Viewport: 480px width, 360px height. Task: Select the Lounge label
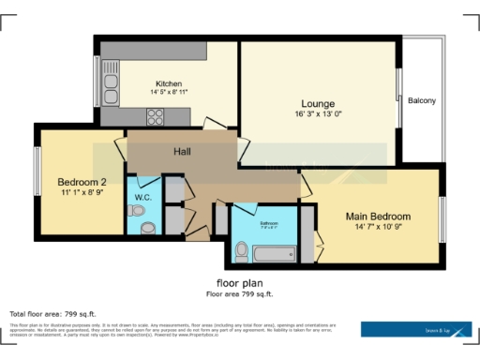pyautogui.click(x=318, y=103)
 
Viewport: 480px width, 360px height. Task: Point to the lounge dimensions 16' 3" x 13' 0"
pyautogui.click(x=318, y=113)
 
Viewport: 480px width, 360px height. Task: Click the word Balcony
pyautogui.click(x=421, y=100)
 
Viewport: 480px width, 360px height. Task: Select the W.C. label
pyautogui.click(x=142, y=197)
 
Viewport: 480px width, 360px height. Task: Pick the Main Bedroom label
pyautogui.click(x=378, y=216)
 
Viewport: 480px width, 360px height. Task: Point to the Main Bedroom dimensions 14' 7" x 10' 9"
pyautogui.click(x=378, y=227)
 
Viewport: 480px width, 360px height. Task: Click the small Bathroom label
pyautogui.click(x=269, y=223)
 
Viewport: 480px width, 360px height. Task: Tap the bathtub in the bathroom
pyautogui.click(x=275, y=253)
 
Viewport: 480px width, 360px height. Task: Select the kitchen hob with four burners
pyautogui.click(x=156, y=117)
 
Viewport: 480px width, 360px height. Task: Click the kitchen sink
pyautogui.click(x=111, y=88)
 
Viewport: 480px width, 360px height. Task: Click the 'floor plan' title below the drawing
pyautogui.click(x=240, y=283)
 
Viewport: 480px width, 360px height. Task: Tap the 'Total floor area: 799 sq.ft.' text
pyautogui.click(x=52, y=313)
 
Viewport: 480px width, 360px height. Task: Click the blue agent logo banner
pyautogui.click(x=416, y=329)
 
